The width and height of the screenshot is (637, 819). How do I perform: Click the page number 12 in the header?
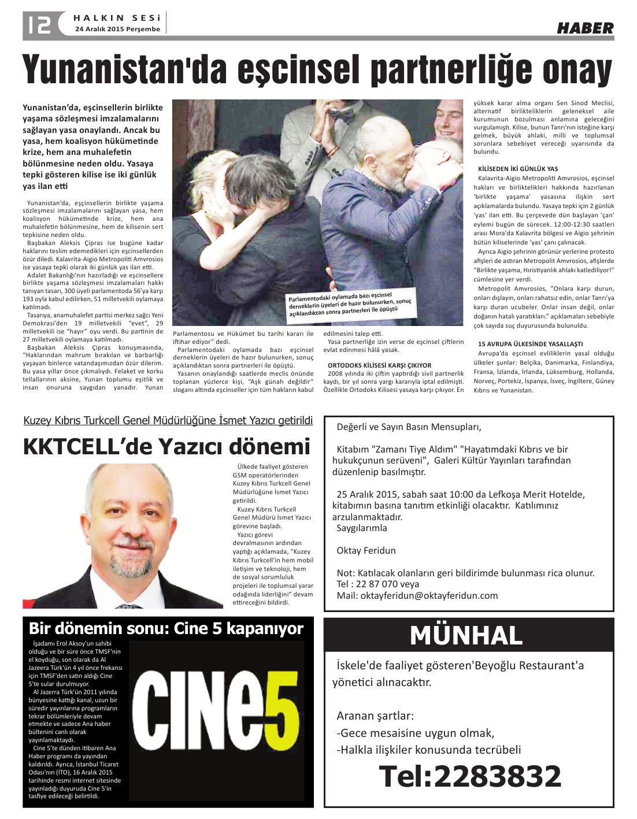pyautogui.click(x=38, y=24)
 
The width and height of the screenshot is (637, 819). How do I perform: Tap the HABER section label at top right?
pyautogui.click(x=585, y=28)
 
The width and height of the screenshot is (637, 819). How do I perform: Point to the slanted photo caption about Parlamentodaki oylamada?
pyautogui.click(x=350, y=303)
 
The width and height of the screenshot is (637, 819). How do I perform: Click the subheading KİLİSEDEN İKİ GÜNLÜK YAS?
pyautogui.click(x=518, y=169)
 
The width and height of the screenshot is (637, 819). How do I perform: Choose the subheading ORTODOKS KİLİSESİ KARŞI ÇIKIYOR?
pyautogui.click(x=379, y=365)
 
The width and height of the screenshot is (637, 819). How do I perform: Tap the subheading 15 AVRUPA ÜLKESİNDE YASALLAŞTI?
pyautogui.click(x=531, y=344)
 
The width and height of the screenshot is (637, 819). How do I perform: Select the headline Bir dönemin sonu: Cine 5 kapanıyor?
pyautogui.click(x=166, y=628)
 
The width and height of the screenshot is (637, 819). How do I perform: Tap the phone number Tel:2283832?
pyautogui.click(x=470, y=776)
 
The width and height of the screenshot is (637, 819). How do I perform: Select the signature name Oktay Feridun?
pyautogui.click(x=366, y=550)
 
